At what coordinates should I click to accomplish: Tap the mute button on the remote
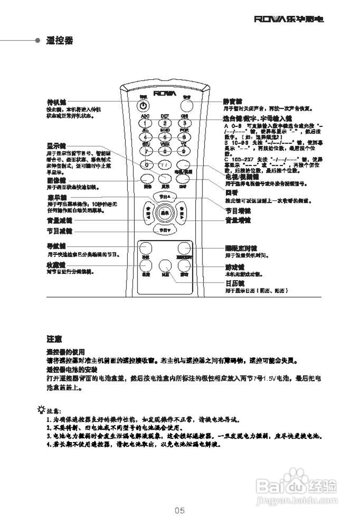[187, 105]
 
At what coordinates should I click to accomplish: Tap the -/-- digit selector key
[165, 165]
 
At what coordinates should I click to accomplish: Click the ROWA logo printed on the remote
[165, 94]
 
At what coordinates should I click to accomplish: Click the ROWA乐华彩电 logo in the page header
[289, 19]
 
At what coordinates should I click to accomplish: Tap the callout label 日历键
[235, 284]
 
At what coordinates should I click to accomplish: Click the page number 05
[180, 510]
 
